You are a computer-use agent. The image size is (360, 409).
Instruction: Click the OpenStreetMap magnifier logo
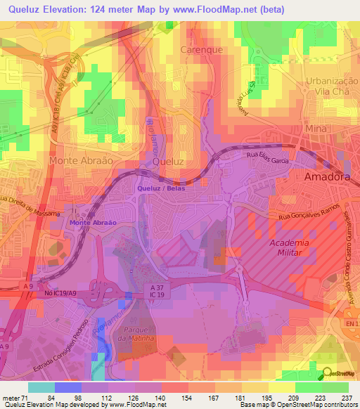click(x=328, y=373)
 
